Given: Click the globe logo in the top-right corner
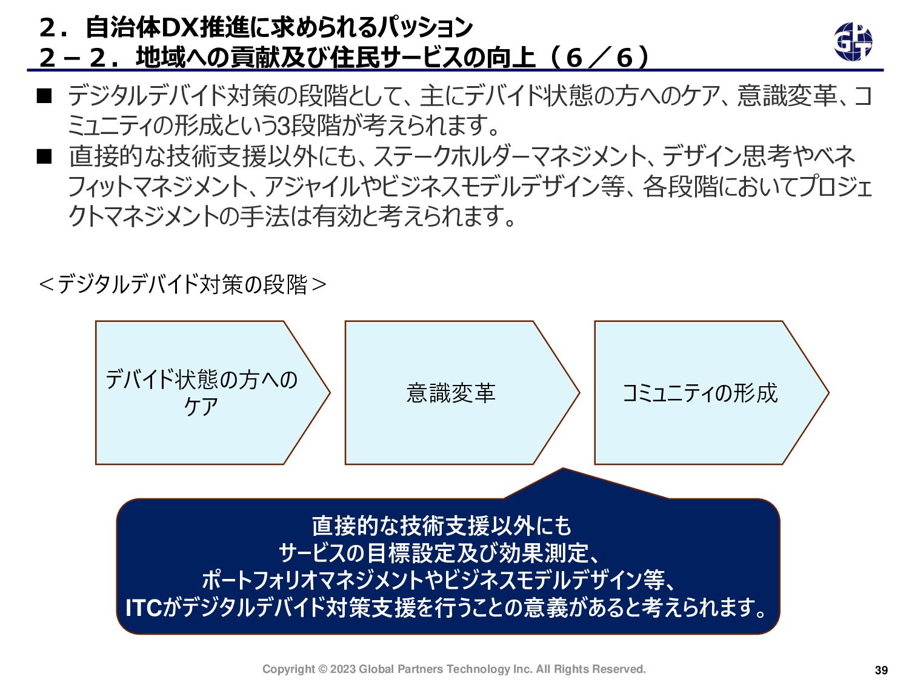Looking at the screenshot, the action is pos(853,42).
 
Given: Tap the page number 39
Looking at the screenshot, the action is pos(881,670).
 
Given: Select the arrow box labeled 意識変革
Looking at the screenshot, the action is pos(451,393).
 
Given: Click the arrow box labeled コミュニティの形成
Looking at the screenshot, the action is pos(700,393).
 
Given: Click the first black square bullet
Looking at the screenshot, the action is pos(45,96).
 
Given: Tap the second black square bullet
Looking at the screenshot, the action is pos(45,157).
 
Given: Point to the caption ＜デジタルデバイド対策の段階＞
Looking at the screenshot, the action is pos(182,284).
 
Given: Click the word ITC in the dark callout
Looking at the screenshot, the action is pos(143,608).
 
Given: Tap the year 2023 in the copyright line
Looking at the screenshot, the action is pos(343,669).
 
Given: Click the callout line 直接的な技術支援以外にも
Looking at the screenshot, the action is pos(442,526).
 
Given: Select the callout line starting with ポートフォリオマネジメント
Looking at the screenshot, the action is pos(439,580).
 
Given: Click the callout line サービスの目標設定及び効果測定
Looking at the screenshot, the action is pos(439,553).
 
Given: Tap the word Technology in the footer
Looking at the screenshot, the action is pos(478,669).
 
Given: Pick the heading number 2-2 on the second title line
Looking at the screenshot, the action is pos(73,58).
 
